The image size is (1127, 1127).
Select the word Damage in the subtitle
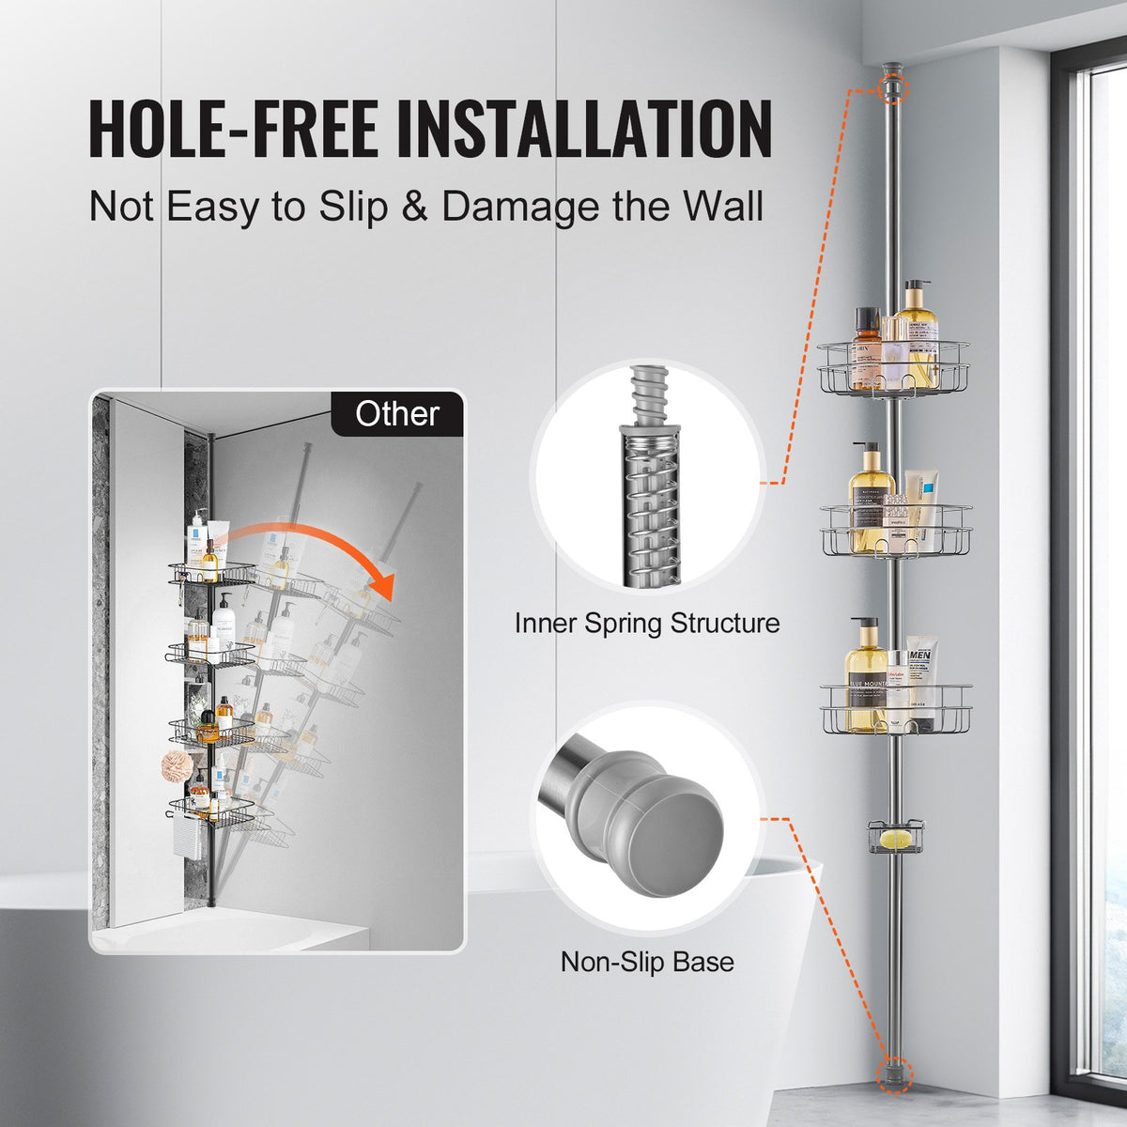pos(522,207)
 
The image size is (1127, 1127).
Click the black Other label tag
pos(397,414)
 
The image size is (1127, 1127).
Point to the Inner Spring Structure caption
pos(647,624)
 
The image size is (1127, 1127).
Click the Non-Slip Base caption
pos(647,962)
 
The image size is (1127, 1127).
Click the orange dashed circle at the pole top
pos(893,90)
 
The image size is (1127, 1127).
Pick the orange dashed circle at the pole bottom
pos(893,1073)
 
